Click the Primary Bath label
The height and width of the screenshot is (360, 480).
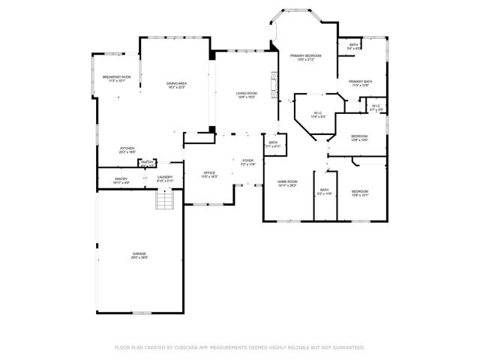pyautogui.click(x=360, y=82)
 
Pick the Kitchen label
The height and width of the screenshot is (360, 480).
pyautogui.click(x=127, y=148)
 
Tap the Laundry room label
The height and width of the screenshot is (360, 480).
pyautogui.click(x=165, y=178)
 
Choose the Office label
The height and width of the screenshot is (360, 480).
pyautogui.click(x=209, y=173)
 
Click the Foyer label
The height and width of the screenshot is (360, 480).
pyautogui.click(x=247, y=160)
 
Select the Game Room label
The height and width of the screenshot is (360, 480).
pyautogui.click(x=288, y=182)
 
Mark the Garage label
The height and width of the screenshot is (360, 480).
pyautogui.click(x=139, y=255)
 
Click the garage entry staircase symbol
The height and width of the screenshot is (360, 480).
pyautogui.click(x=164, y=200)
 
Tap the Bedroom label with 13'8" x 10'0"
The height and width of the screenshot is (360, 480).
pyautogui.click(x=359, y=136)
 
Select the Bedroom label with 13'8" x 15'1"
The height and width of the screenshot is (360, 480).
pyautogui.click(x=360, y=192)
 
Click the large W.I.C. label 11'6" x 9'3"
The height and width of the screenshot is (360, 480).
pyautogui.click(x=319, y=114)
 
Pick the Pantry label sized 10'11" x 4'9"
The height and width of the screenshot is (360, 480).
pyautogui.click(x=121, y=179)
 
